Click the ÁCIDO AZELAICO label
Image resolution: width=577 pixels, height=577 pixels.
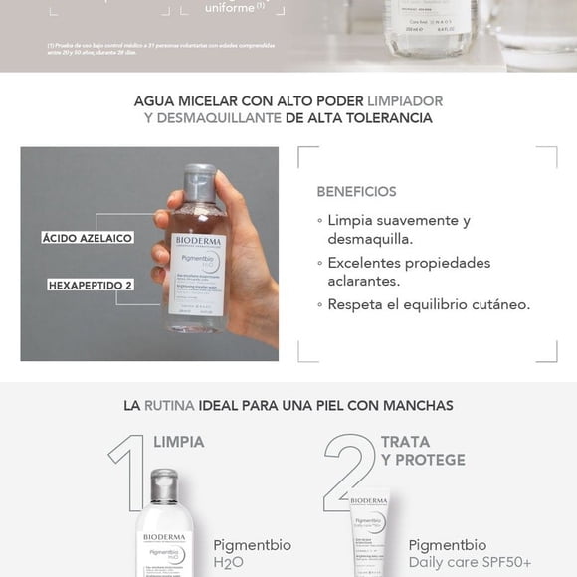point(88,239)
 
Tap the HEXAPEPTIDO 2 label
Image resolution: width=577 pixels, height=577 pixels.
point(91,285)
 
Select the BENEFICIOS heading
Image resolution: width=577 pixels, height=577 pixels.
point(356,191)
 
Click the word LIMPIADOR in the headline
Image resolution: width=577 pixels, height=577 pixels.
point(405,101)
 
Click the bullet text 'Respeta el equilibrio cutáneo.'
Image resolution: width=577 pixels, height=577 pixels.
point(429,304)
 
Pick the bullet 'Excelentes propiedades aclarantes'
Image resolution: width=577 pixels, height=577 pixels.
point(409,272)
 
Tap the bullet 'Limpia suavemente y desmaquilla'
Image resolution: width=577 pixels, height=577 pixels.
point(398,229)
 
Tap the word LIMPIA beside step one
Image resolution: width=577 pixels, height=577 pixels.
point(179,442)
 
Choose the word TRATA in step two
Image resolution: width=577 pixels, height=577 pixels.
point(405,442)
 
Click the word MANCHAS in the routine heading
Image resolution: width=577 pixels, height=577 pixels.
point(418,406)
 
